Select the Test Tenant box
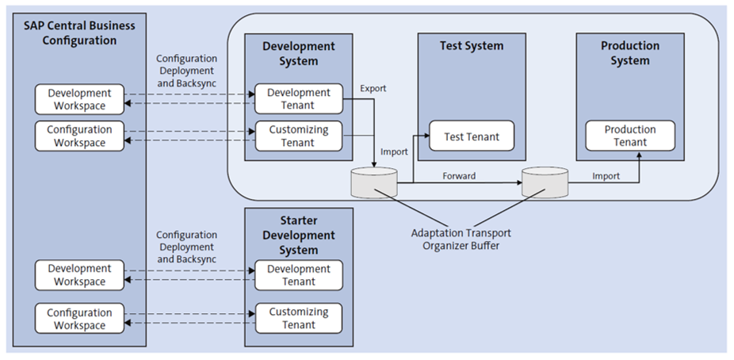471,136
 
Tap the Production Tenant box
630,136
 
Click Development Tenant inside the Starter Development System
298,275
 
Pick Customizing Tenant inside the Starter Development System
298,318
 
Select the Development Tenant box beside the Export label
298,99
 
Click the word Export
373,88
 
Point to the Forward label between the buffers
459,176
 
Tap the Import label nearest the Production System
606,176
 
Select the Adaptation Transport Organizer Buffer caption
461,239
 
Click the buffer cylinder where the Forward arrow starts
374,183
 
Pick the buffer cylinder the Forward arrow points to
544,183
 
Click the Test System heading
471,46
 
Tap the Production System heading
630,53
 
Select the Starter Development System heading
298,236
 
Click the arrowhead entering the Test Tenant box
426,136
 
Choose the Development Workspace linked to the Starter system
79,275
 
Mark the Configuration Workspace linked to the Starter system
79,319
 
